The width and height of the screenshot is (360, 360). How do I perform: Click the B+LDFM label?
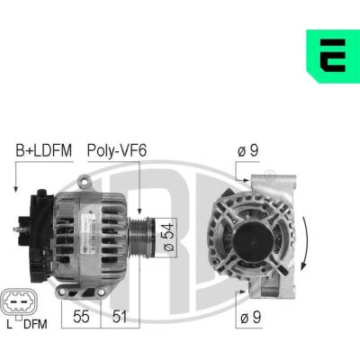tap(44, 150)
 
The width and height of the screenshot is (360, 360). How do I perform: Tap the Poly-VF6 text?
tap(117, 150)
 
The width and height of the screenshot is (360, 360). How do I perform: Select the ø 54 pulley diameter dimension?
tap(167, 237)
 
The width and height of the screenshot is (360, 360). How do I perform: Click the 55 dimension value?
tap(81, 317)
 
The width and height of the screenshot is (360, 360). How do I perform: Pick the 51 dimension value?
tap(120, 317)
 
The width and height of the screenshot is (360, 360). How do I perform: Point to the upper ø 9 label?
tap(247, 151)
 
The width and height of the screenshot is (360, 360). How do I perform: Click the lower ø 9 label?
tap(251, 317)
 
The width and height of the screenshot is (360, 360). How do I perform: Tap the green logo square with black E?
tap(333, 56)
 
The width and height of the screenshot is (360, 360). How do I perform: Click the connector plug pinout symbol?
tap(19, 301)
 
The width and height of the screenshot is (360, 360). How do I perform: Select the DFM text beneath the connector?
tap(35, 324)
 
